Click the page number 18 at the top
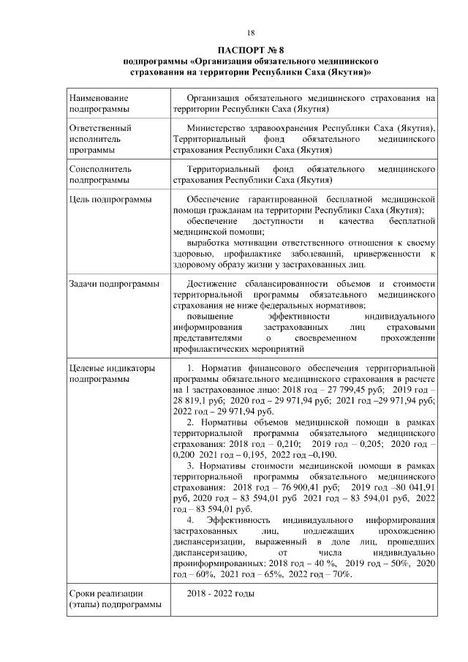[249, 33]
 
